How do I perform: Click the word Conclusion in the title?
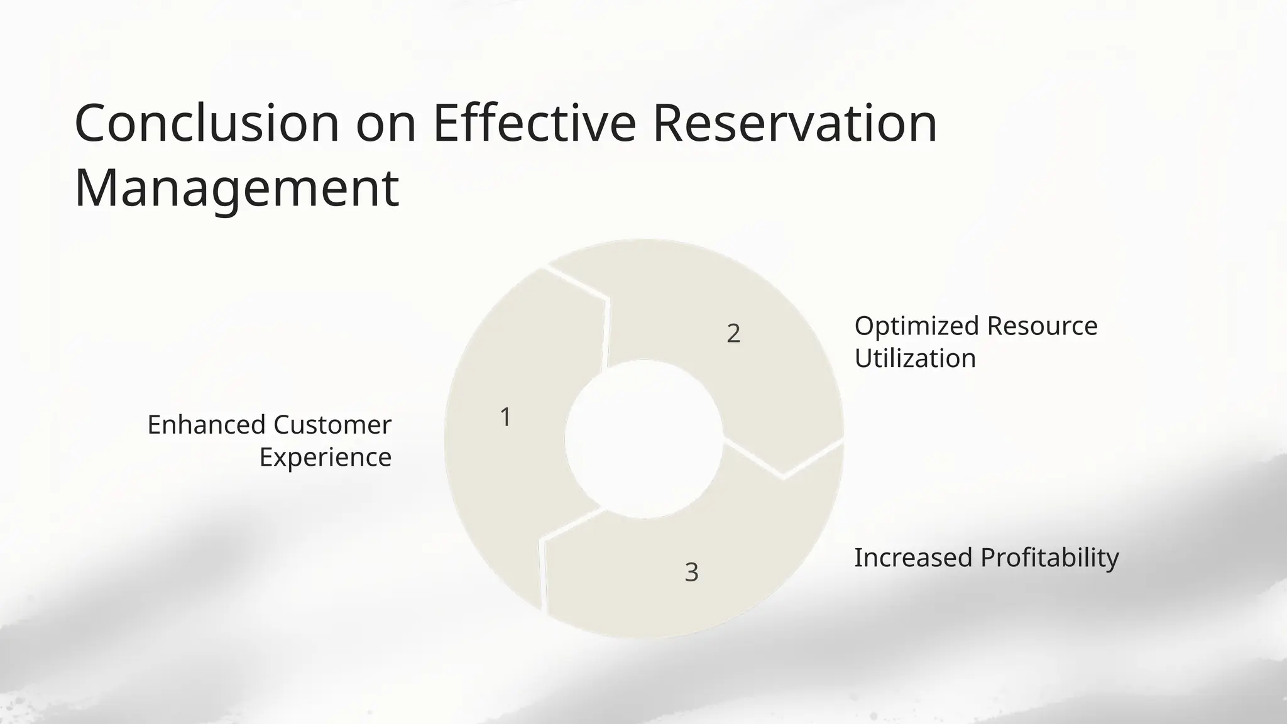coord(207,123)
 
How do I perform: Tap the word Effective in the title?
coord(534,123)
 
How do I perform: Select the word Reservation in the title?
coord(795,123)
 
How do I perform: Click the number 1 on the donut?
coord(505,417)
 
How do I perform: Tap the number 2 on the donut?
coord(733,333)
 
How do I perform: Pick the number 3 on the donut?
coord(691,572)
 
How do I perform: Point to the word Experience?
coord(326,457)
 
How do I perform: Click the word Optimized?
coord(917,326)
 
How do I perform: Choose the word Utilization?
coord(915,358)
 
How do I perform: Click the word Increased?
coord(913,557)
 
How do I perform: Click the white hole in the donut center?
coord(643,439)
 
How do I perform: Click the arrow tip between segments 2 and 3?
coord(783,476)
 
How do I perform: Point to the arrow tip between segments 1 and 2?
coord(606,300)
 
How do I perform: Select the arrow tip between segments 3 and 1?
coord(542,538)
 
